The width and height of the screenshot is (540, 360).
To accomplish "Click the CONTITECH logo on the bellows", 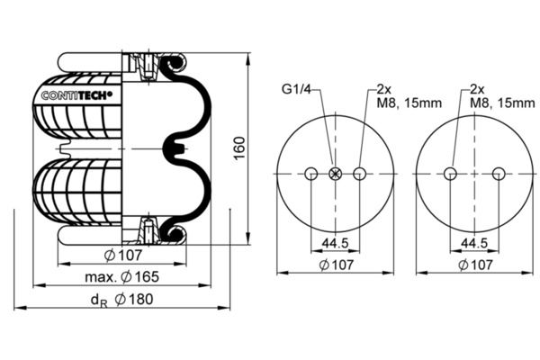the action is tap(76, 95).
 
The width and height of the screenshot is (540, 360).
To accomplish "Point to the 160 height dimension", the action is tap(239, 148).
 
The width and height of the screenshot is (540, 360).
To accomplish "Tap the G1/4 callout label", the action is tap(296, 89).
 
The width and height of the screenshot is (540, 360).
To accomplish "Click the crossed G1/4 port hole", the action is tap(335, 174).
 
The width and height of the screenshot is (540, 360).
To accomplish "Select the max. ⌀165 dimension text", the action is tap(121, 276).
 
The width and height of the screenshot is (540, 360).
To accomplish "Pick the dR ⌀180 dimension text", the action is tap(121, 300).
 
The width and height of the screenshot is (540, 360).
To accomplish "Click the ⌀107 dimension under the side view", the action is tap(123, 256).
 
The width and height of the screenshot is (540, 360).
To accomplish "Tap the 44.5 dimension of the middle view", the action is tap(335, 244).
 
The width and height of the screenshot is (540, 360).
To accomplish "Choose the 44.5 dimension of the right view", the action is tap(474, 244).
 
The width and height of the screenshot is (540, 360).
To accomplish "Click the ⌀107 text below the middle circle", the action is tap(336, 265).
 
